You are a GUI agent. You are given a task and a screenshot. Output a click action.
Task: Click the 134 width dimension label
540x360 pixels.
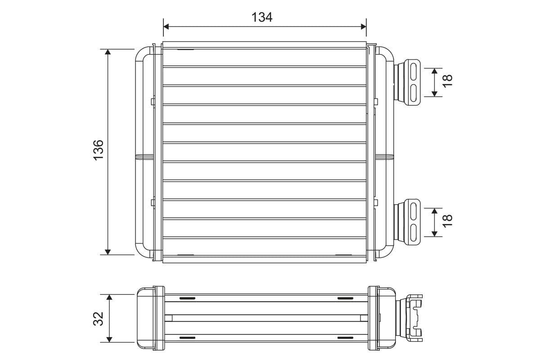[x=262, y=17]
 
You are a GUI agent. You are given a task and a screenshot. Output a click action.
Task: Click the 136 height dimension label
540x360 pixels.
[x=98, y=148]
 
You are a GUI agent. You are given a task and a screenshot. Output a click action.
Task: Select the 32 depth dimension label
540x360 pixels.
[x=99, y=318]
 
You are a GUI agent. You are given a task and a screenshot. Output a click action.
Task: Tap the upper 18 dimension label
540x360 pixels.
[x=447, y=81]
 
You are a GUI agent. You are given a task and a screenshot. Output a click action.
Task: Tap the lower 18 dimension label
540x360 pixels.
[x=447, y=220]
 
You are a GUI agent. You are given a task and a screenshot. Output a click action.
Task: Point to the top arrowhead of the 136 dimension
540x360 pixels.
[x=108, y=52]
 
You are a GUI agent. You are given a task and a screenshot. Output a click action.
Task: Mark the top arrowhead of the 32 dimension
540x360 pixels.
[x=108, y=297]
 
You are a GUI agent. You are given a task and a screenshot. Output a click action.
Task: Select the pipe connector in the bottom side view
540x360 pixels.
[x=410, y=318]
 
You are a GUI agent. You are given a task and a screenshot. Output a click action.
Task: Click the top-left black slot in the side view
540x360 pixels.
[x=187, y=298]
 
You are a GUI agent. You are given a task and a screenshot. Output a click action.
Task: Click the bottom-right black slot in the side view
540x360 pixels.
[x=346, y=337]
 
